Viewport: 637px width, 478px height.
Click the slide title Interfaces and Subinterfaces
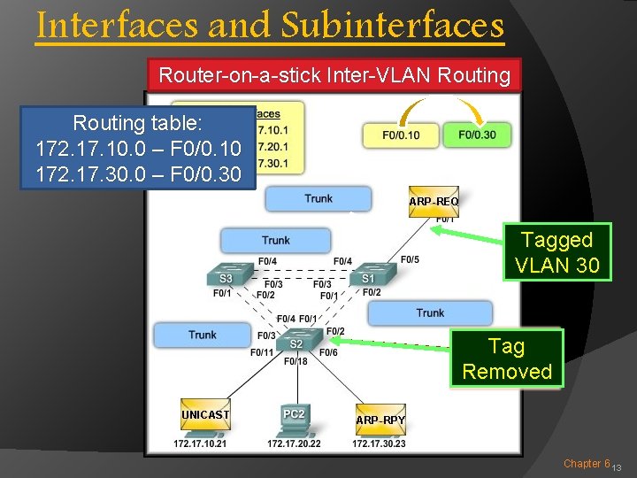tap(270, 27)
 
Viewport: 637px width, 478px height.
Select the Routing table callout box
tap(137, 147)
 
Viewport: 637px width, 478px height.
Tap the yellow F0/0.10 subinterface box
tap(401, 135)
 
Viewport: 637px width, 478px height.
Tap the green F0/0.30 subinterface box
tap(477, 135)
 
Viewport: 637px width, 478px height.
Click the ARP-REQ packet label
tap(434, 202)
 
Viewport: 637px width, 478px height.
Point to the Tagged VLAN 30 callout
tap(557, 251)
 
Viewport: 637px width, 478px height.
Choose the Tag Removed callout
tap(507, 358)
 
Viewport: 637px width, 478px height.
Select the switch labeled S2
tap(295, 340)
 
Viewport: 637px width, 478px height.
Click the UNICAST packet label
tap(205, 414)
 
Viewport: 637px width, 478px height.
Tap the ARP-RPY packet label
tap(380, 420)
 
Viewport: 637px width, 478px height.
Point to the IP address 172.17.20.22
tap(294, 443)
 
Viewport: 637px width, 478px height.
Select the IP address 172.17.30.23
tap(379, 443)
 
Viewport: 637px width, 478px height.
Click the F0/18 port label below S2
tap(295, 361)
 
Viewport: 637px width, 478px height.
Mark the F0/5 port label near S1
tap(410, 259)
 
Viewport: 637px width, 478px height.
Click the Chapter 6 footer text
tap(587, 463)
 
